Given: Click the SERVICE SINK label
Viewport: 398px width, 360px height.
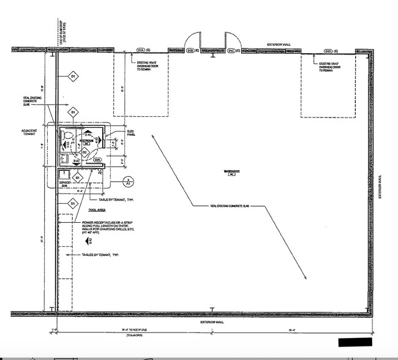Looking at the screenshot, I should [66, 183].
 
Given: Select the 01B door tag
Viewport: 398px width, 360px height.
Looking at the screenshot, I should [190, 50].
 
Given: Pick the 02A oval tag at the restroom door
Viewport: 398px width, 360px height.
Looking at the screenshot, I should [97, 160].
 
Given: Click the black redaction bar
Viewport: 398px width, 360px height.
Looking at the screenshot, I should [355, 340].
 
